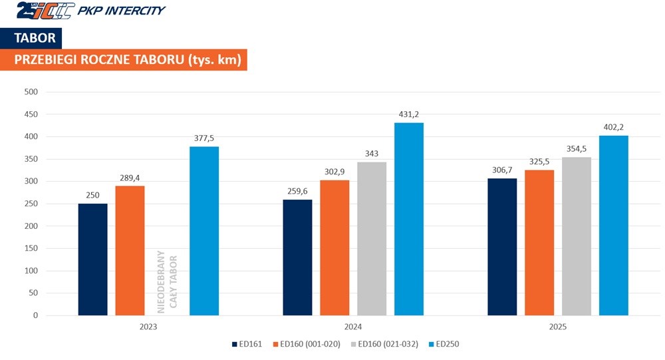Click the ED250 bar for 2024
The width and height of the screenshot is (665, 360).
(x=408, y=219)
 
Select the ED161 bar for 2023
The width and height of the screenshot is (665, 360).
(x=92, y=260)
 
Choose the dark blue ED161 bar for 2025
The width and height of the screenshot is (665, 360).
(x=501, y=247)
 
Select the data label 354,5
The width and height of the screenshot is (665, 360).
(x=577, y=150)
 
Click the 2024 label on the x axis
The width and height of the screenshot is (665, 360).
(x=352, y=327)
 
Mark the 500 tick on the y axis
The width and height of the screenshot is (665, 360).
(x=31, y=92)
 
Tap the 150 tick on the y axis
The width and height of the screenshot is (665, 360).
(x=31, y=248)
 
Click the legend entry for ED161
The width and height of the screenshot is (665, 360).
(x=248, y=344)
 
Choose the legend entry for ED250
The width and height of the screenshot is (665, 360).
(x=443, y=344)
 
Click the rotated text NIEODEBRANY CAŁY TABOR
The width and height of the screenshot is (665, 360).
(x=167, y=279)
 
